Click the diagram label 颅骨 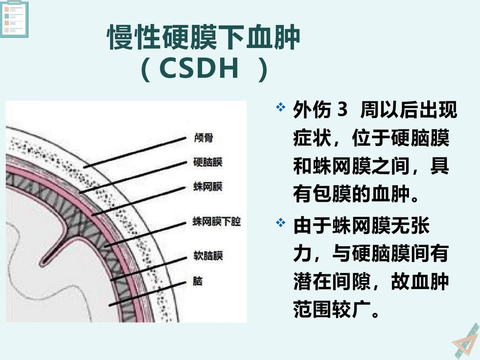(202, 138)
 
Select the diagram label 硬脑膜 (207, 162)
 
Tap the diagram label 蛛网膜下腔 (216, 222)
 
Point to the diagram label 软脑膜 (207, 255)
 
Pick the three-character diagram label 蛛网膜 (207, 186)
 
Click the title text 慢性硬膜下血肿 (204, 38)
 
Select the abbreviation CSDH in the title (199, 70)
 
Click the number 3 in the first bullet (342, 110)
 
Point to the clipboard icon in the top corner (14, 19)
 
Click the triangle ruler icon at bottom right (466, 341)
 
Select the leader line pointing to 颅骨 (134, 153)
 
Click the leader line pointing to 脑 (146, 294)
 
